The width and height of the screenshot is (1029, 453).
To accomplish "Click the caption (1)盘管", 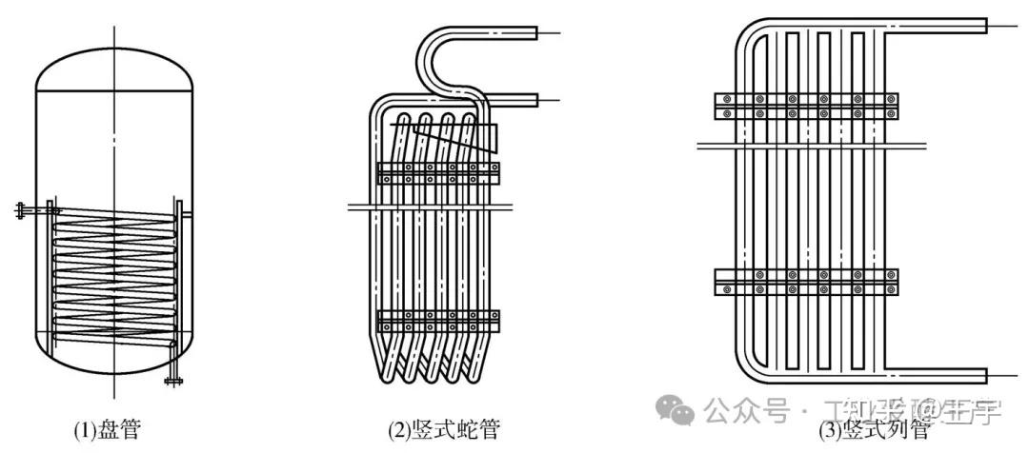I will pyautogui.click(x=107, y=430).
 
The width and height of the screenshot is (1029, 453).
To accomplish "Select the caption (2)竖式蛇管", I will pyautogui.click(x=444, y=430).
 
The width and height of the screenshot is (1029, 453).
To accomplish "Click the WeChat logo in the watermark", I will pyautogui.click(x=681, y=411).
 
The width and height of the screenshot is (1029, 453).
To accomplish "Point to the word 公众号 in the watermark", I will pyautogui.click(x=748, y=411).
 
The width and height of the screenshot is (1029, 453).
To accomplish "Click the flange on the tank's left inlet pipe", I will pyautogui.click(x=20, y=210).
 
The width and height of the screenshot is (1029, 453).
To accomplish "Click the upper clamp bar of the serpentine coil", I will pyautogui.click(x=438, y=172).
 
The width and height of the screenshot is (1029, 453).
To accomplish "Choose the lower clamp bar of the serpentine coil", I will pyautogui.click(x=438, y=320).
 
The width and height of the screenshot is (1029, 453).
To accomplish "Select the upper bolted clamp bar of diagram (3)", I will pyautogui.click(x=806, y=106).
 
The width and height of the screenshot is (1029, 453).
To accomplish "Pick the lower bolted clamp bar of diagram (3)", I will pyautogui.click(x=806, y=282).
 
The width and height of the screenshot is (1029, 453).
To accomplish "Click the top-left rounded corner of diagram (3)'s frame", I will pyautogui.click(x=753, y=34).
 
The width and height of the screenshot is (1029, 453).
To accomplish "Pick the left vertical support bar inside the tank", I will pyautogui.click(x=49, y=276).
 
